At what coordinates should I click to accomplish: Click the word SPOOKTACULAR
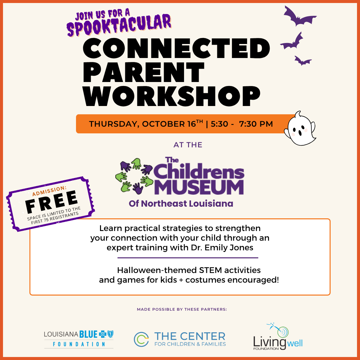coord(119,25)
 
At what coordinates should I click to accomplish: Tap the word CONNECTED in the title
coord(176,49)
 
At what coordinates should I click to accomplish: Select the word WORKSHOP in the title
coord(172,96)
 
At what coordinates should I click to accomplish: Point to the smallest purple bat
coord(303,61)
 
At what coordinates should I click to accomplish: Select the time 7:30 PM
coord(256,124)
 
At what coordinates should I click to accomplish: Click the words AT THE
coord(188,145)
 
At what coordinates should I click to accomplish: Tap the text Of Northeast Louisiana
coord(181,204)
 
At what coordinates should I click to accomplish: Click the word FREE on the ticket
coord(52,202)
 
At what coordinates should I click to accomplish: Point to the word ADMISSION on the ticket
coord(49,191)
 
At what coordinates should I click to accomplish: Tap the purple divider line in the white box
coord(188,258)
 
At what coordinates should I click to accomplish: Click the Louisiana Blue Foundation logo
coord(79,339)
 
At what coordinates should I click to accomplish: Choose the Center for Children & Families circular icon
coord(141,339)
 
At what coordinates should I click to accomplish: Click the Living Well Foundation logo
coord(278,336)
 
